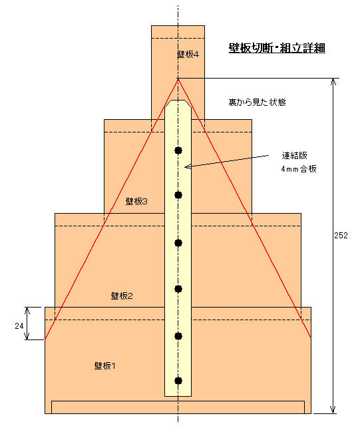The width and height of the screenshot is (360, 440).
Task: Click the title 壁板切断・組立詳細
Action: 277,48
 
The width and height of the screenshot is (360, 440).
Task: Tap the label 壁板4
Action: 188,54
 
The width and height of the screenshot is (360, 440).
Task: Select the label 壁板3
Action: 136,201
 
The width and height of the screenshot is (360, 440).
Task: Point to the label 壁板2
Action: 122,296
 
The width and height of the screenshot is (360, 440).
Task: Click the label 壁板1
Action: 104,365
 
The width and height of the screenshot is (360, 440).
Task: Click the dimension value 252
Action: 341,235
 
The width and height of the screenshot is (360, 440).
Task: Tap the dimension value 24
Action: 19,326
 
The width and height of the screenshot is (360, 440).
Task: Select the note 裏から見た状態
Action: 257,102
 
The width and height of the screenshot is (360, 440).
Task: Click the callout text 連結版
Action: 295,155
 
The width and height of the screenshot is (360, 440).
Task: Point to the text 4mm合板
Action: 299,168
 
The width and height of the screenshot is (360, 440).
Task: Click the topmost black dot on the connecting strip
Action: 178,150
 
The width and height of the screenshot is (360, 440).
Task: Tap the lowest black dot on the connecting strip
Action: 178,381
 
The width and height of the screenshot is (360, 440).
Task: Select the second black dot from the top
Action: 178,195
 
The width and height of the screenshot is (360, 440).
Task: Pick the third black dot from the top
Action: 178,243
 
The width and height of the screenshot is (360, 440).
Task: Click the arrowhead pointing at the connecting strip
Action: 187,166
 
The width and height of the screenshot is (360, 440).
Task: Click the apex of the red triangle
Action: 178,79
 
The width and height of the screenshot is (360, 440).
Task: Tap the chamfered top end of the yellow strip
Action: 178,103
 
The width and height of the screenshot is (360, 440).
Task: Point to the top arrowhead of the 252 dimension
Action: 333,81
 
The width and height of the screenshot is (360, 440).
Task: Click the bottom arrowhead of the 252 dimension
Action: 333,409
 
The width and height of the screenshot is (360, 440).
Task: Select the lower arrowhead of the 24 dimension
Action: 27,336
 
